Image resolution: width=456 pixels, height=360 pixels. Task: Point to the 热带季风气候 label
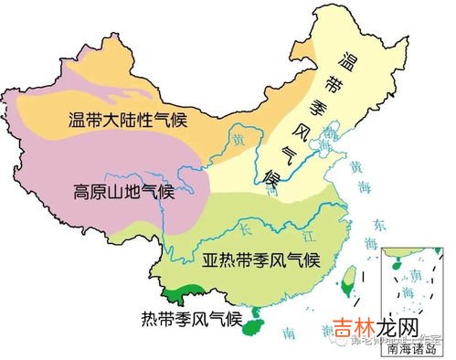pyautogui.click(x=191, y=319)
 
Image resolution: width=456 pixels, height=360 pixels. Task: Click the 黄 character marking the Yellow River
pyautogui.click(x=239, y=141)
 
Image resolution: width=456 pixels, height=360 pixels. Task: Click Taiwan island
pyautogui.click(x=348, y=279)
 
